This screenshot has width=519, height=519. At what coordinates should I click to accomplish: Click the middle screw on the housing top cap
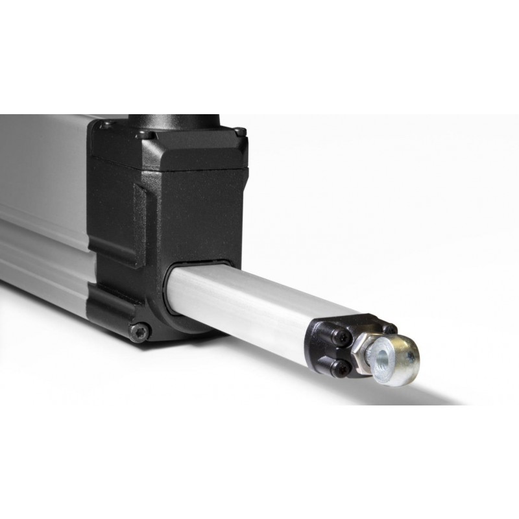tap(147, 135)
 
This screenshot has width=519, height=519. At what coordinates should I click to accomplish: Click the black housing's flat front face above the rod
tap(201, 214)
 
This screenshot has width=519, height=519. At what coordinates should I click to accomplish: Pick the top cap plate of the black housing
tap(169, 146)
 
